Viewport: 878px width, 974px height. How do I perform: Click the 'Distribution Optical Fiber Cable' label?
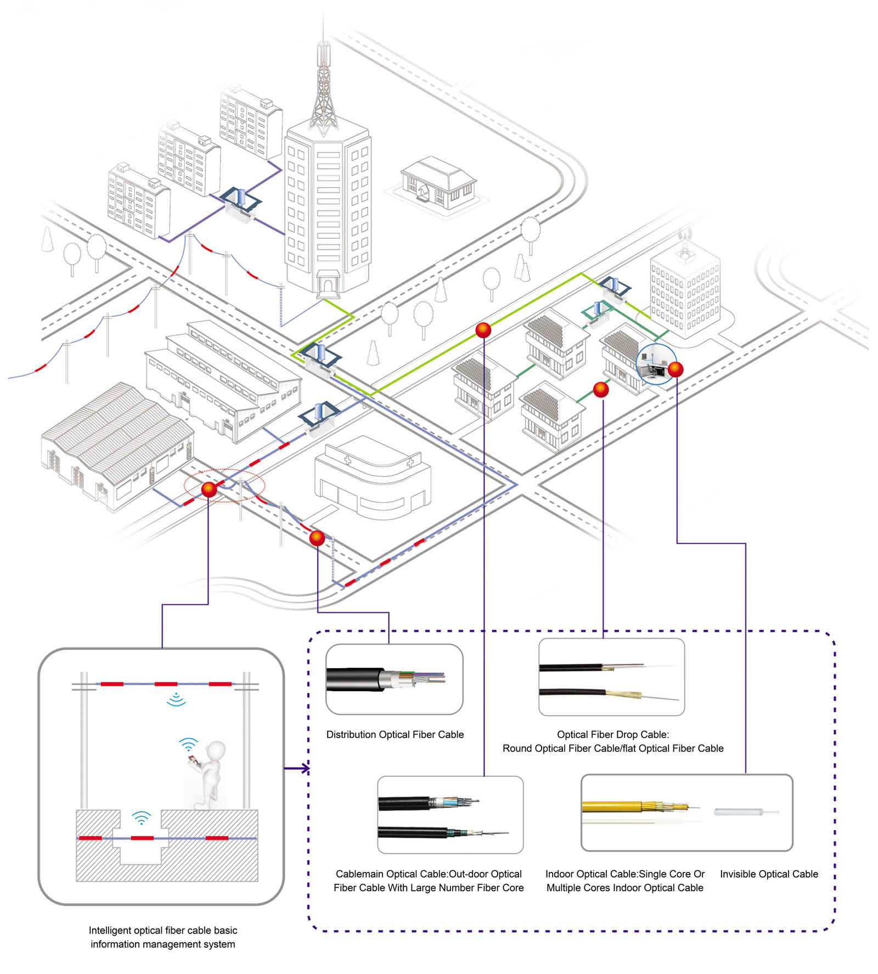click(x=395, y=734)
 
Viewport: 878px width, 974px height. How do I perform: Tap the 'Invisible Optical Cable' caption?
click(x=768, y=874)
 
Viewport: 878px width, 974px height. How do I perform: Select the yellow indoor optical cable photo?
click(x=637, y=807)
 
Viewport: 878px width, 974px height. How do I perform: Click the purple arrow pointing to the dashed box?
click(x=297, y=768)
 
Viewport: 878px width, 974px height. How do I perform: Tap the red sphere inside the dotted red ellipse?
click(x=209, y=489)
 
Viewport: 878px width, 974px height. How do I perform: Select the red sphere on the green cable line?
click(x=483, y=330)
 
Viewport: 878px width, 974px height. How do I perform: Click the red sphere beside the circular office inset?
click(x=676, y=369)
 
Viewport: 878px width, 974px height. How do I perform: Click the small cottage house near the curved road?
click(x=437, y=183)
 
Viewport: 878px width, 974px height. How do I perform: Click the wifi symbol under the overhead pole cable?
click(x=176, y=699)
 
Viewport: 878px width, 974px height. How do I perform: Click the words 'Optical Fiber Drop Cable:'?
click(x=612, y=734)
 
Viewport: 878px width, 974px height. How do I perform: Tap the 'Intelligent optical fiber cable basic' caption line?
click(x=163, y=930)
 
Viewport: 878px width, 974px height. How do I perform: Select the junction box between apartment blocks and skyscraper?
click(x=240, y=203)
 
